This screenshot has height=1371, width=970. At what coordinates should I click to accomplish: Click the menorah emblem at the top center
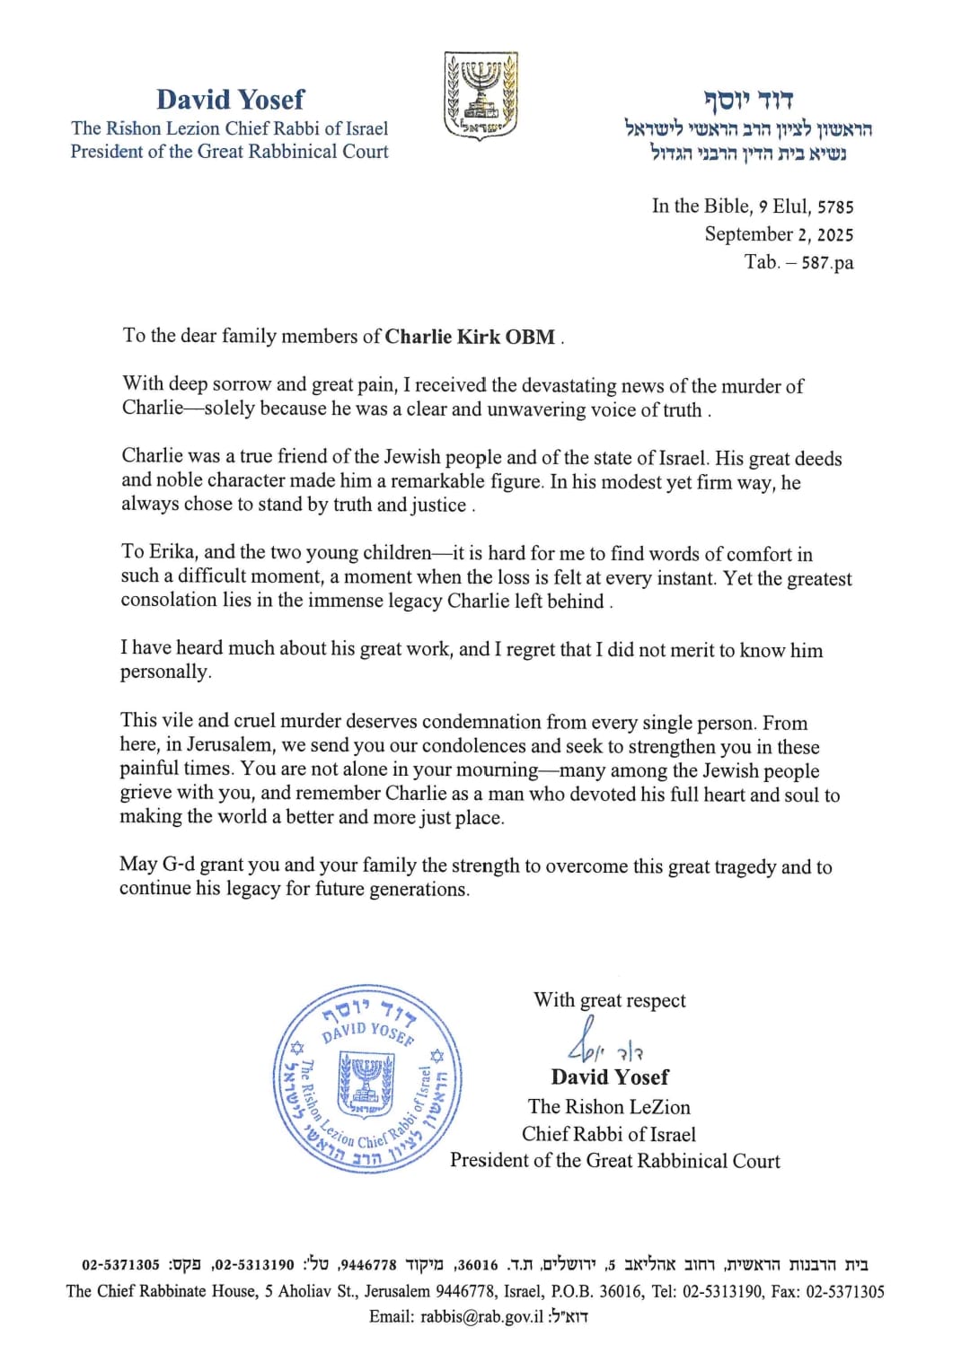click(x=481, y=95)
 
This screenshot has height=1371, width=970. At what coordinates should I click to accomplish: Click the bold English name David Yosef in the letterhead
click(x=230, y=99)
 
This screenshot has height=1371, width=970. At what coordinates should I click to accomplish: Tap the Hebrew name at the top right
click(x=748, y=98)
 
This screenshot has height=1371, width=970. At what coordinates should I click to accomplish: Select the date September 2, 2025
click(x=779, y=234)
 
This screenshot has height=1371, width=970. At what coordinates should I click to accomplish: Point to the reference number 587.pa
click(x=827, y=262)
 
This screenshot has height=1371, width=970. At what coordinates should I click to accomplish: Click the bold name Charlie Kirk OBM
click(x=470, y=337)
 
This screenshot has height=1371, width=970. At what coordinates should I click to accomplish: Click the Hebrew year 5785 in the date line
click(x=835, y=207)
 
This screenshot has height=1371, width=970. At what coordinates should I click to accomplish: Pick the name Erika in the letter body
click(x=171, y=552)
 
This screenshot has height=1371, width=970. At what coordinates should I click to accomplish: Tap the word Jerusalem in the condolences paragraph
click(x=229, y=745)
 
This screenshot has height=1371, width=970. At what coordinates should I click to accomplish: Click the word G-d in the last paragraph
click(x=178, y=866)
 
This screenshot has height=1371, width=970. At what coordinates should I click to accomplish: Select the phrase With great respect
click(x=609, y=1000)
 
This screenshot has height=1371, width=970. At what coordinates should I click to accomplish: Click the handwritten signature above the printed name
click(x=603, y=1041)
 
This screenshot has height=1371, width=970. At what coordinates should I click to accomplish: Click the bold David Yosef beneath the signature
click(x=610, y=1077)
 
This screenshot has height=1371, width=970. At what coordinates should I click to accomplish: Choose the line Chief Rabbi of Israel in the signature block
click(x=609, y=1134)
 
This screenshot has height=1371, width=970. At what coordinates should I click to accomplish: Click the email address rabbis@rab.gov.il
click(x=481, y=1316)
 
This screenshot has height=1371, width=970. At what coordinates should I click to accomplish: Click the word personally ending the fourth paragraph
click(x=165, y=672)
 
